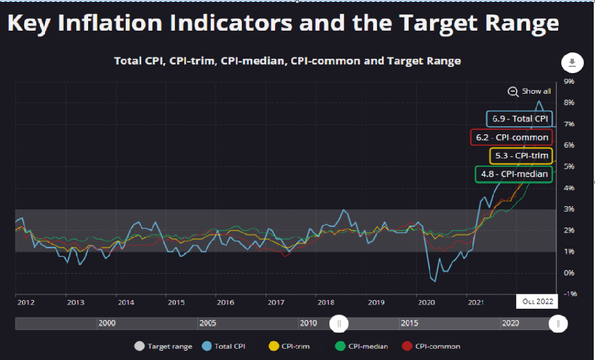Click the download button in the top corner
(571, 62)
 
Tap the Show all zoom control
(530, 91)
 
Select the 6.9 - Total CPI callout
(520, 119)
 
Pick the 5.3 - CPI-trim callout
(520, 156)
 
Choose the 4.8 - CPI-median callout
(514, 174)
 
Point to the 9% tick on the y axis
(569, 81)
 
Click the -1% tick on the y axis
(569, 294)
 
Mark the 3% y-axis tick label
(569, 209)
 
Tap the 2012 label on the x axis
(26, 302)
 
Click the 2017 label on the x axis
(276, 302)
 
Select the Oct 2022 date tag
(537, 302)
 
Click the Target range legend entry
(164, 346)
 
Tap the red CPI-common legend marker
(407, 346)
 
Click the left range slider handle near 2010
(339, 323)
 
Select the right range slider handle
(558, 323)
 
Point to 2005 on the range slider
(208, 323)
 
